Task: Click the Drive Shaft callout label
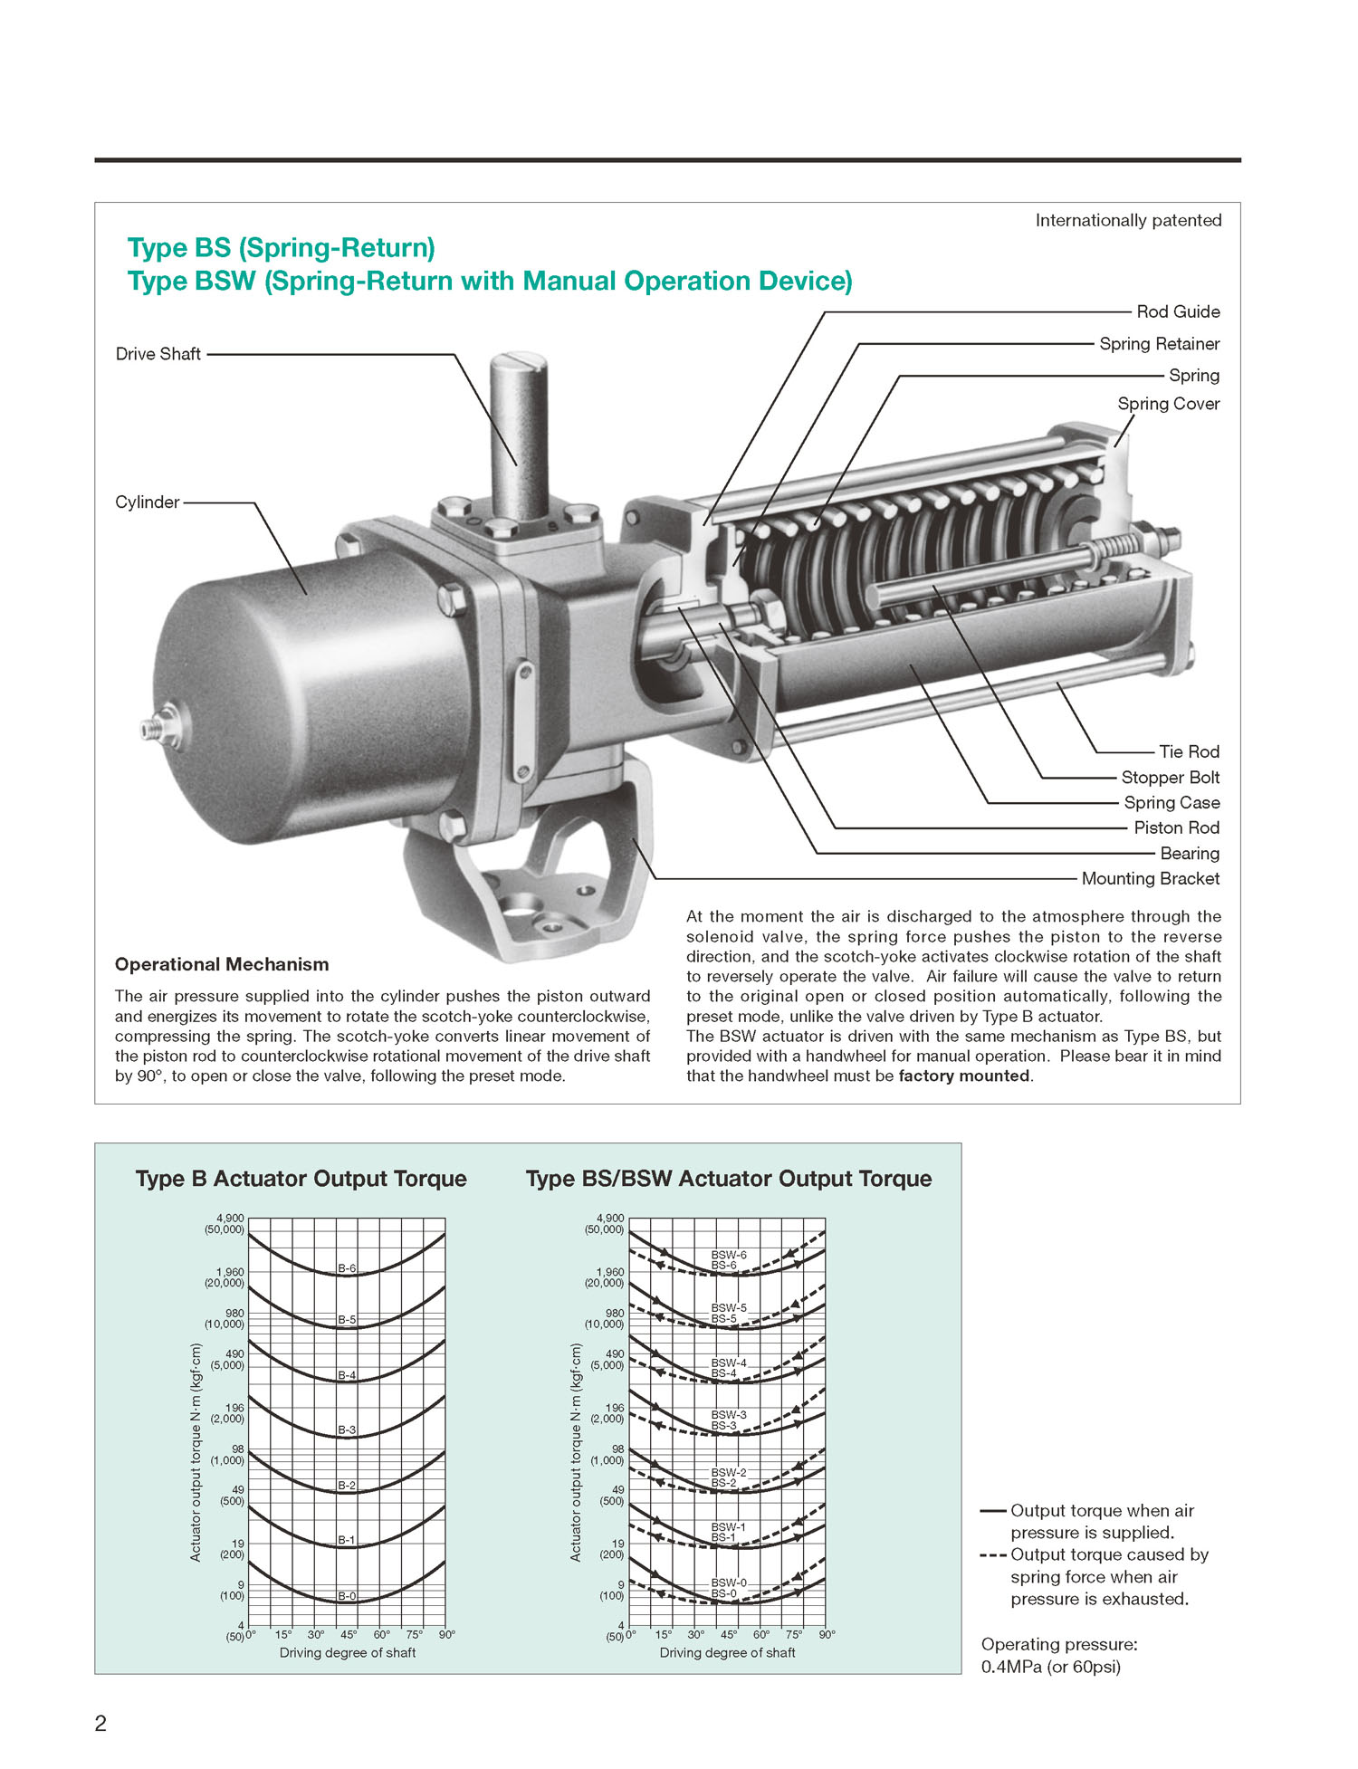[158, 354]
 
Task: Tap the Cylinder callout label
[147, 502]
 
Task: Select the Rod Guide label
[1178, 311]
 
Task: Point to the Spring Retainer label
[1159, 344]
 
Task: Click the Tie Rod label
[1189, 751]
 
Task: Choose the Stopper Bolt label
[1170, 778]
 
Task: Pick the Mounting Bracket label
[1150, 878]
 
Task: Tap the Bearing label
[1190, 853]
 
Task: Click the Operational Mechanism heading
[222, 964]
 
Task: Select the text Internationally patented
[1128, 220]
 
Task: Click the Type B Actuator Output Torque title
[301, 1179]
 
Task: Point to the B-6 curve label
[347, 1268]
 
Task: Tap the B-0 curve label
[347, 1596]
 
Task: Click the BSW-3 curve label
[729, 1414]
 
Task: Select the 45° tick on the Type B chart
[349, 1635]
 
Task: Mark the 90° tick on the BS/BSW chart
[827, 1635]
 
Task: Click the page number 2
[100, 1723]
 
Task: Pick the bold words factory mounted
[963, 1076]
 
